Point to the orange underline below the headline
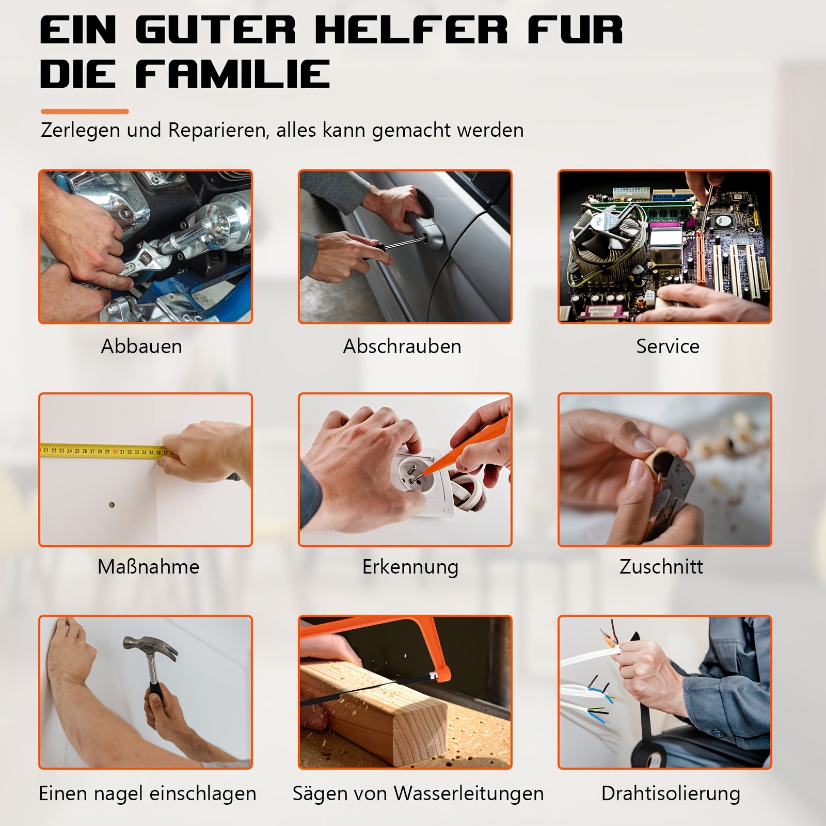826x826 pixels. coord(85,111)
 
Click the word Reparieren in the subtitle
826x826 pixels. coord(217,131)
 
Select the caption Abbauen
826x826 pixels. coord(141,346)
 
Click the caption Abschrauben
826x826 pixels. coord(402,346)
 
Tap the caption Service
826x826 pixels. coord(668,346)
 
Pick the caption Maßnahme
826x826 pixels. coord(148,566)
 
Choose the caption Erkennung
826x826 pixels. coord(410,567)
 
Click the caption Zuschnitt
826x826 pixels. coord(661,566)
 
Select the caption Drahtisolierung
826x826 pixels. coord(671,793)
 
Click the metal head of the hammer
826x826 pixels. coord(150,647)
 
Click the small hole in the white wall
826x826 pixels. coord(112,505)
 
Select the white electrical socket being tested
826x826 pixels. coord(418,483)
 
